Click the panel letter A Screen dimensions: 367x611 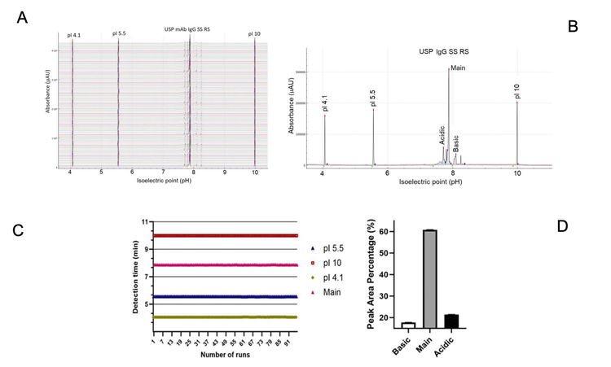point(24,17)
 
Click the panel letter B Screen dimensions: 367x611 point(573,26)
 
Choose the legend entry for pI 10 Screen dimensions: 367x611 point(327,262)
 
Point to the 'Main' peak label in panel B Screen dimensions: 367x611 point(457,66)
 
